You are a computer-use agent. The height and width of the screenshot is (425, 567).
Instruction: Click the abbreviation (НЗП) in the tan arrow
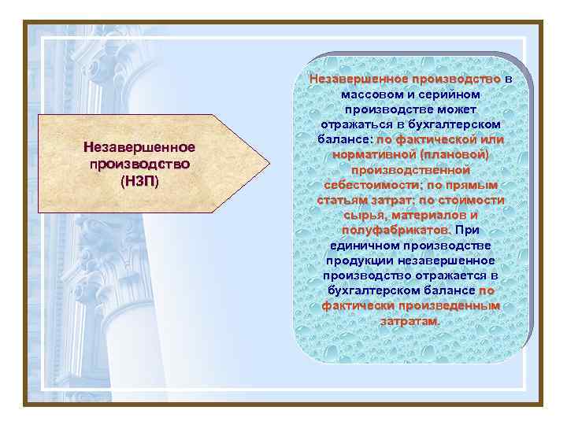139,181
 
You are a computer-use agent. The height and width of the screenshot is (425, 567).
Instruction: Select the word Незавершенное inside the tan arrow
139,148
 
